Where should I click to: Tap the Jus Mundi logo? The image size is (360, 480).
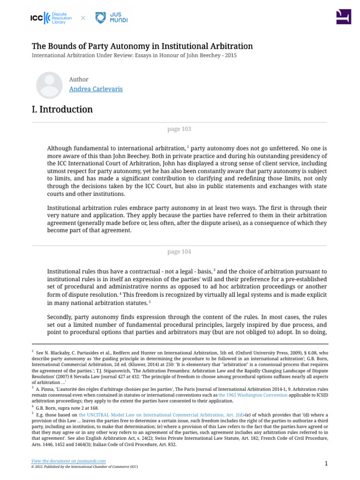tap(111, 18)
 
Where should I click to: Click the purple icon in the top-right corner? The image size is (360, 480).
tap(343, 16)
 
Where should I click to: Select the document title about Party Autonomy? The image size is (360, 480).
tap(142, 46)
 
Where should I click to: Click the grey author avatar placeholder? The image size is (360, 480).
tap(49, 85)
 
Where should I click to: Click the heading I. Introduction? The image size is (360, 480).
tap(62, 110)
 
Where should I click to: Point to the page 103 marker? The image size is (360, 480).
tap(179, 129)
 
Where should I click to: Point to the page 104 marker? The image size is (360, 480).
tap(179, 252)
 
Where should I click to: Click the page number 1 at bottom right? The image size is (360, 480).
tap(325, 464)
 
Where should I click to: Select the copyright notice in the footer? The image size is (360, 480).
tap(85, 467)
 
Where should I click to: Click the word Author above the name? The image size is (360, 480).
tap(78, 79)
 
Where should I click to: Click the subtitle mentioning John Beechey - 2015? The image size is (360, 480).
tap(134, 55)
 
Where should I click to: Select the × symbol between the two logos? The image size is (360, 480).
tap(83, 18)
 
